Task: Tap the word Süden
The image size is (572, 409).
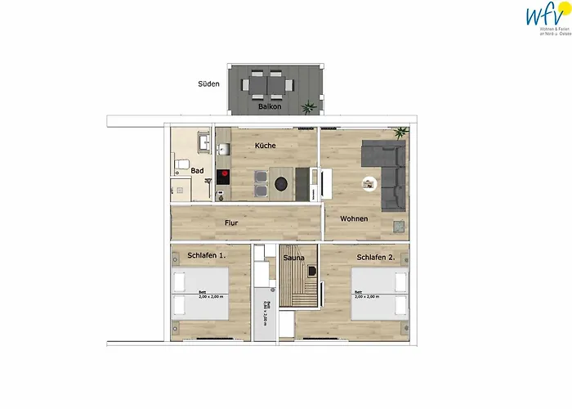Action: point(208,83)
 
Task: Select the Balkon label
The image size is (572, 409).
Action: point(270,107)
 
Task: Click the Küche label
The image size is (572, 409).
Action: point(265,145)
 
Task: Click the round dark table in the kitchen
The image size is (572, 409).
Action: point(282,183)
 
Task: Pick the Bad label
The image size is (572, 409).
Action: point(198,170)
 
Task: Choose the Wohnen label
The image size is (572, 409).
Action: point(354,218)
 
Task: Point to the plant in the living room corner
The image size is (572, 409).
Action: point(399,132)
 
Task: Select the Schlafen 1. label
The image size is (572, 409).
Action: point(206,255)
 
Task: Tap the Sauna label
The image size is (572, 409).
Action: point(293,258)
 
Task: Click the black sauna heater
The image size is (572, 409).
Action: point(290,272)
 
